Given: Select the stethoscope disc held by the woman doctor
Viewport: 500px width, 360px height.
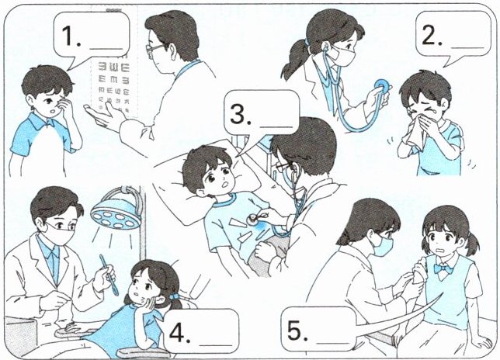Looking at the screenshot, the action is tap(382, 87).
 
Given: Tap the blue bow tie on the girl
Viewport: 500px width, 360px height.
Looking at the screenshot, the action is tap(444, 269).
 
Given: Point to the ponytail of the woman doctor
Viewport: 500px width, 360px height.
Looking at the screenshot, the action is tap(295, 60).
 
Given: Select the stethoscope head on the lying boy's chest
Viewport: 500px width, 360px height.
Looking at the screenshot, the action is tap(254, 219).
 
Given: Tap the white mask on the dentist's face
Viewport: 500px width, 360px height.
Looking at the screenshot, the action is tap(60, 234).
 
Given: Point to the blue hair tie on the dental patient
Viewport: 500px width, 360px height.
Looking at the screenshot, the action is tap(174, 297).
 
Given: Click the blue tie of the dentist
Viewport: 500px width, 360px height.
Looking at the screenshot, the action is tap(55, 265).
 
